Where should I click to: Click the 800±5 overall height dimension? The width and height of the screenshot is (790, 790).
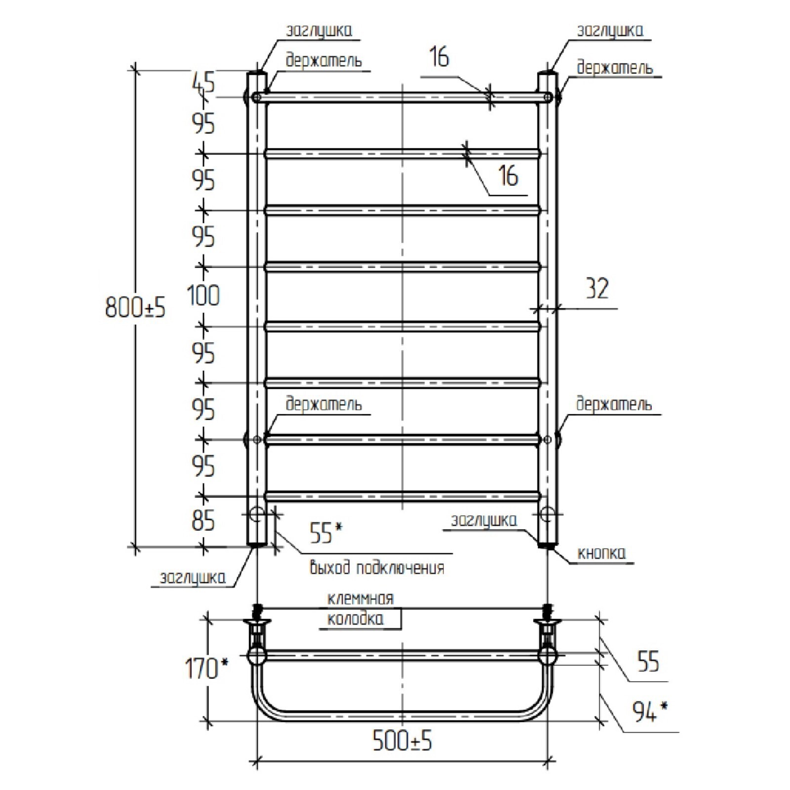135,308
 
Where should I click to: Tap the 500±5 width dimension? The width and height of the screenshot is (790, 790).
402,741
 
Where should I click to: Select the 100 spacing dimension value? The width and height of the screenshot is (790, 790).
203,296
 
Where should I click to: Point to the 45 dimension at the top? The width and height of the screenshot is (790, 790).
203,82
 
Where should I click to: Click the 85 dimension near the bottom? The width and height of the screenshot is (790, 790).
203,520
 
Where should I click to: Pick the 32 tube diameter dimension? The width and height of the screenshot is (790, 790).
597,288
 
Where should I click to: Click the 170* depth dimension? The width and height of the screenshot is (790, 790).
206,669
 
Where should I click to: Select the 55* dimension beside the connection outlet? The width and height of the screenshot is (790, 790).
325,532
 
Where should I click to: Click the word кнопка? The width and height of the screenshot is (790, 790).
601,553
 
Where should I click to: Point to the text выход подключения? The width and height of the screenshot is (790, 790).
377,567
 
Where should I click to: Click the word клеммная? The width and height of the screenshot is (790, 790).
360,598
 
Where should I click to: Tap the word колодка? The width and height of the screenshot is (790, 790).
355,619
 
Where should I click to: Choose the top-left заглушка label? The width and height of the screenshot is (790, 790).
319,31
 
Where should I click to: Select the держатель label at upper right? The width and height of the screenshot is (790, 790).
614,68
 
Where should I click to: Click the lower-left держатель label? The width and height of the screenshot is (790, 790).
323,404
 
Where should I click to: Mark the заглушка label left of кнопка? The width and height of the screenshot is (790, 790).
484,521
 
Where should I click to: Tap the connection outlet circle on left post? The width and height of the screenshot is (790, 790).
256,514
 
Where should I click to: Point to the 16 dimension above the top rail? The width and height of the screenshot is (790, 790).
438,57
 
